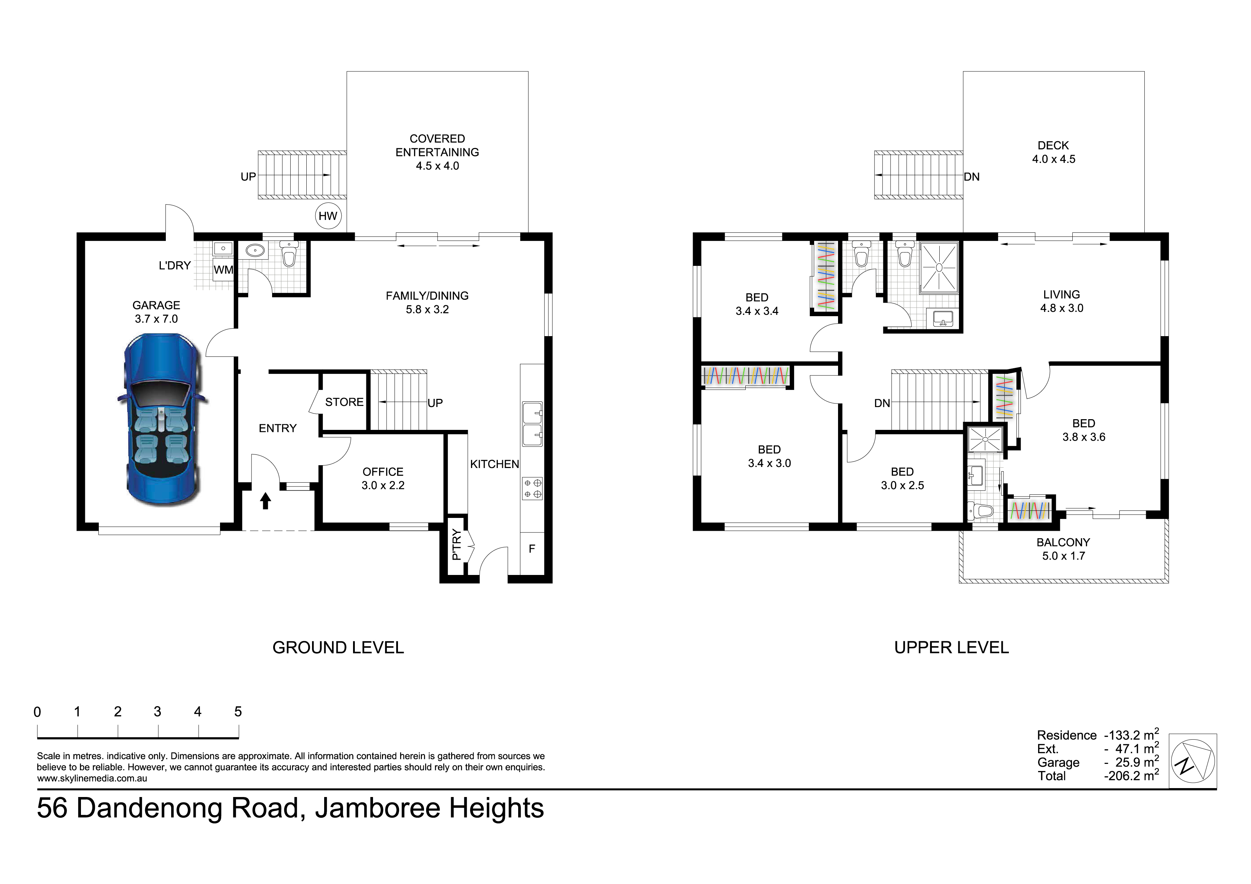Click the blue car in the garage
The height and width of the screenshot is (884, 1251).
pos(162,421)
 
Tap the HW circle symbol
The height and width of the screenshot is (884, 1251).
pos(328,216)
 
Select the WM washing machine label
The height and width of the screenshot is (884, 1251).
pos(223,269)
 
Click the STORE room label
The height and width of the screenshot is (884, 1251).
pos(344,402)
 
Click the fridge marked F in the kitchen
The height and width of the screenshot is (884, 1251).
pos(532,549)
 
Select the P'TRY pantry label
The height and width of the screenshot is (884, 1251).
pos(456,545)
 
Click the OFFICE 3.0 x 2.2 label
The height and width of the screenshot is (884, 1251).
pos(383,478)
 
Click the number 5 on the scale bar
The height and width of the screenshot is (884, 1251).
pos(238,711)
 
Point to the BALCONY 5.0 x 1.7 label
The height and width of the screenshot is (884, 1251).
pos(1063,549)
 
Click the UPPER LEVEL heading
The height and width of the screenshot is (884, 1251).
pos(951,648)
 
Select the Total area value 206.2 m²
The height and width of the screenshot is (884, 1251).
pos(1131,775)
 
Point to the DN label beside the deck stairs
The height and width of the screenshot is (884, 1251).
pos(971,176)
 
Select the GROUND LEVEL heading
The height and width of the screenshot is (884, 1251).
pos(338,648)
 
